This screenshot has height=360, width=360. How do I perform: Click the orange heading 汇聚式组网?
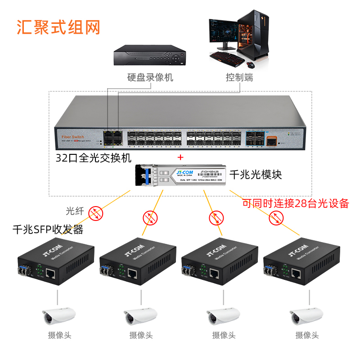pos(58,27)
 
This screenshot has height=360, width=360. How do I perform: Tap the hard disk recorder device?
pos(149,55)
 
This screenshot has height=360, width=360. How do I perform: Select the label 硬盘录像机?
pos(150,78)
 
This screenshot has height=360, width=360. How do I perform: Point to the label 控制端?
pos(239,78)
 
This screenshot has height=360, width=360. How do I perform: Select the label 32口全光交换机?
pos(94,158)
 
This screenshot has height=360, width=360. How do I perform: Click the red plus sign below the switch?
pos(181,157)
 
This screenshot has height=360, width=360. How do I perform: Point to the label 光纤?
pos(75,211)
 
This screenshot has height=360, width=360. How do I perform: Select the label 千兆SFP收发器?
pos(48,230)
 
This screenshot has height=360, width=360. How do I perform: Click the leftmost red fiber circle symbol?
pos(95,213)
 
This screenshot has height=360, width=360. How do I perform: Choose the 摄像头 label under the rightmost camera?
pos(307,335)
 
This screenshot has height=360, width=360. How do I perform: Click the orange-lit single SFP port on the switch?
pos(271,141)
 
